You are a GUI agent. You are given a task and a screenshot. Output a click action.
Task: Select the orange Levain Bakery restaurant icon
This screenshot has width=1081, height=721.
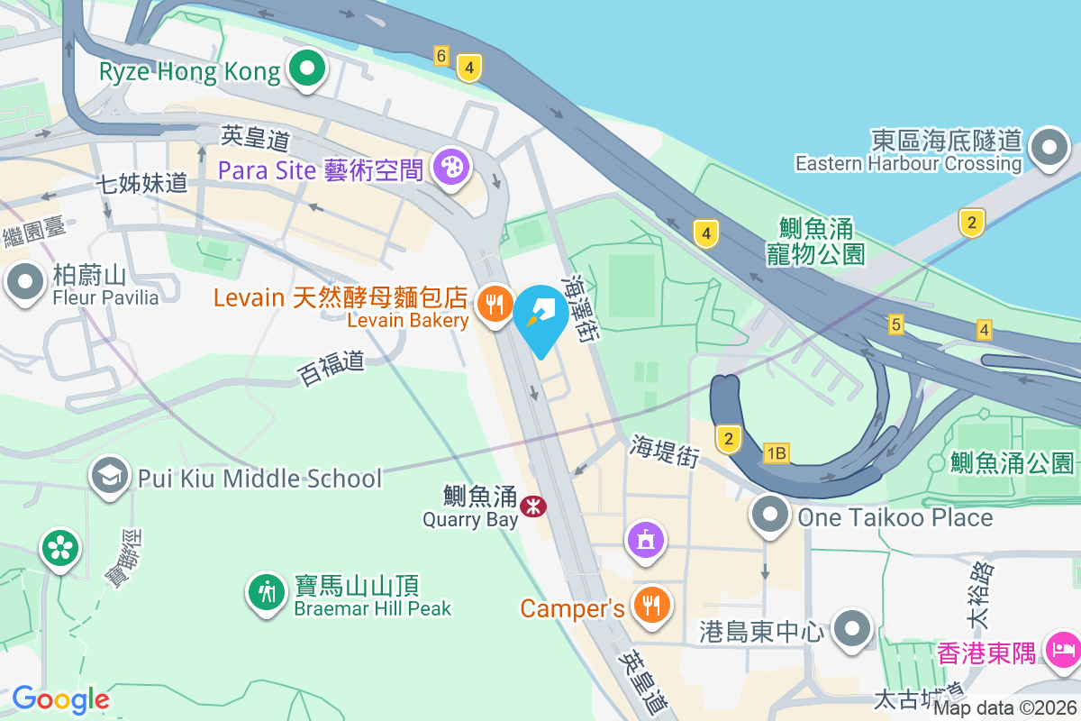click(x=494, y=304)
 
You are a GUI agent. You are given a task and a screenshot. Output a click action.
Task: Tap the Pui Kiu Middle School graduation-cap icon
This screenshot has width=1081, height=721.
click(x=111, y=478)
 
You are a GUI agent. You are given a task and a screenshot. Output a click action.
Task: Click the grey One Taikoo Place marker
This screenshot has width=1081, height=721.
click(x=770, y=516)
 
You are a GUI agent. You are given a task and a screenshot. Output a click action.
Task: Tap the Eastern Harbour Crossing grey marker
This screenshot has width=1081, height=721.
click(x=1049, y=148)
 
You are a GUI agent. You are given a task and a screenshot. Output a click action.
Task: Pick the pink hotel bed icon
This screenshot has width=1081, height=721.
click(x=1063, y=649)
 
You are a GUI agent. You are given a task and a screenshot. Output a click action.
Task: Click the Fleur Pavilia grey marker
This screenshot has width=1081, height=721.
click(x=25, y=283)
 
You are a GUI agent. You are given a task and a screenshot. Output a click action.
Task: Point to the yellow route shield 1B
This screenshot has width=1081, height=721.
click(x=776, y=453)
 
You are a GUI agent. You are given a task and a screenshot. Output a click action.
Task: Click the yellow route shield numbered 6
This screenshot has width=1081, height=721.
click(x=441, y=56)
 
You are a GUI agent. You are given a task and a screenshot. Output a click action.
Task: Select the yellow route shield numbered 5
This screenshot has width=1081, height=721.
click(x=895, y=324)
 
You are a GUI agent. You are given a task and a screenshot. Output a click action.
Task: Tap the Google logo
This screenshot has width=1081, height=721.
click(x=60, y=698)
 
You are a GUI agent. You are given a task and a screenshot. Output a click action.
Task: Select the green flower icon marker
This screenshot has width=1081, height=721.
click(x=59, y=548)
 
